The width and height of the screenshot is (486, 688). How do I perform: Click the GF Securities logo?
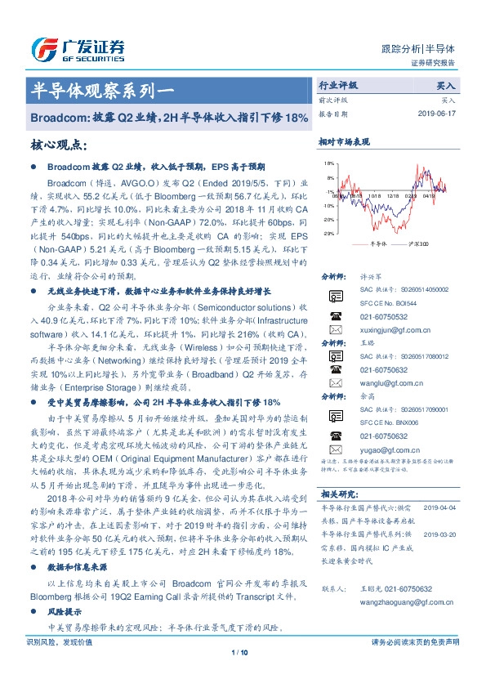[77, 50]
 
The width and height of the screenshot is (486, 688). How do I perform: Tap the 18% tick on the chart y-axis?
[328, 163]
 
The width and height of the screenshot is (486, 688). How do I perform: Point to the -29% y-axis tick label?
[327, 233]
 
